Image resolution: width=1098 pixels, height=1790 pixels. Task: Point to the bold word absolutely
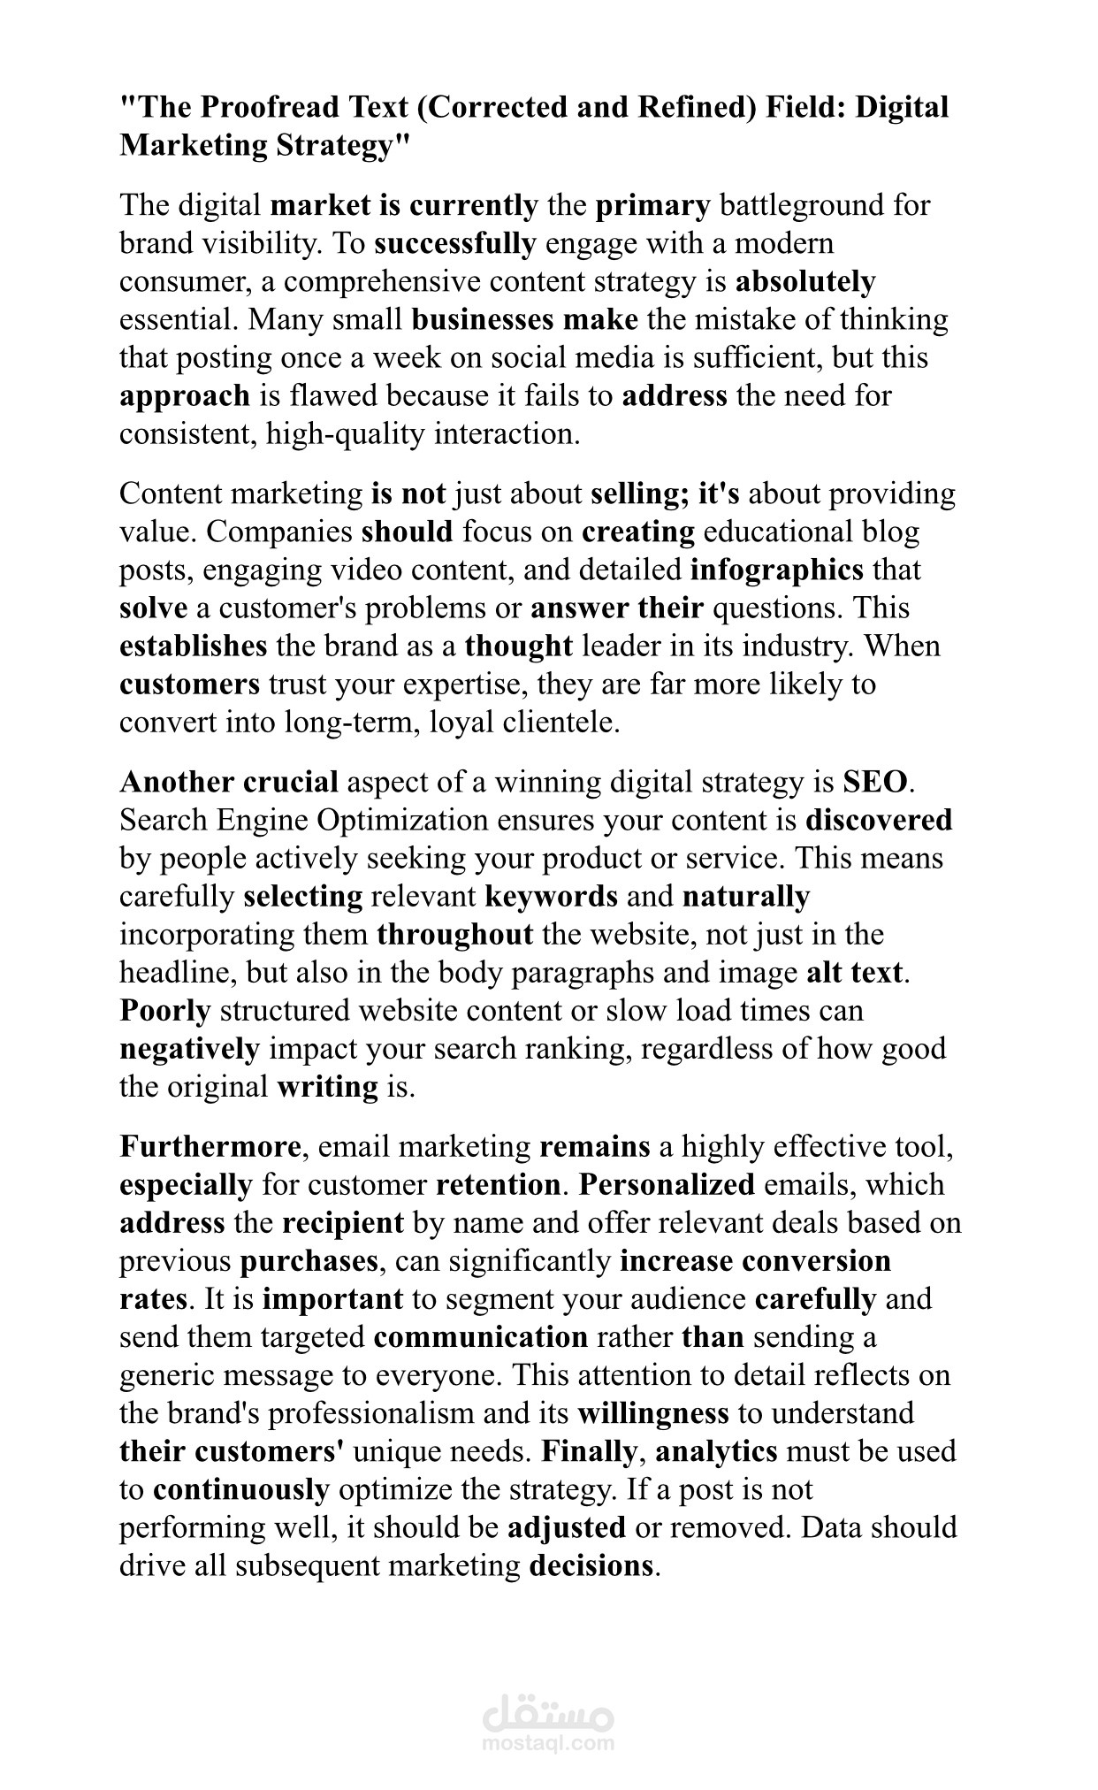(x=805, y=281)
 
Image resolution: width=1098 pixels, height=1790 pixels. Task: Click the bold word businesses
(x=483, y=319)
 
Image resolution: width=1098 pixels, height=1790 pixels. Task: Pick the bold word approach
(x=185, y=396)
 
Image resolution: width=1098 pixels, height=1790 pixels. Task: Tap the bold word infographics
(x=776, y=570)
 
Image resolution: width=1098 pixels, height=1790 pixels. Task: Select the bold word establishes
(x=193, y=646)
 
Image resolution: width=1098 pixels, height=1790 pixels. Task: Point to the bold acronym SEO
(x=874, y=782)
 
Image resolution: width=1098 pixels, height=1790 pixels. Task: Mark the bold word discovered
(x=879, y=821)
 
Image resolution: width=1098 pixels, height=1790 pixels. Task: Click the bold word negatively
(x=189, y=1049)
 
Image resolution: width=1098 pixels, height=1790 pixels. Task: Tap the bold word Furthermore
(x=210, y=1147)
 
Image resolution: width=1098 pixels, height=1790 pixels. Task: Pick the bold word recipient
(x=342, y=1223)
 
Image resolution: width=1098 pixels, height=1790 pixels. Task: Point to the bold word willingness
(x=652, y=1413)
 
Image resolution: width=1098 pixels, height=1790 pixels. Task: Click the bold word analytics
(x=716, y=1451)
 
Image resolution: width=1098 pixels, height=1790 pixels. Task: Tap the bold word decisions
(x=591, y=1565)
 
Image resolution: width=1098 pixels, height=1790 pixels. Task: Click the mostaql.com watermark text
(x=548, y=1743)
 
